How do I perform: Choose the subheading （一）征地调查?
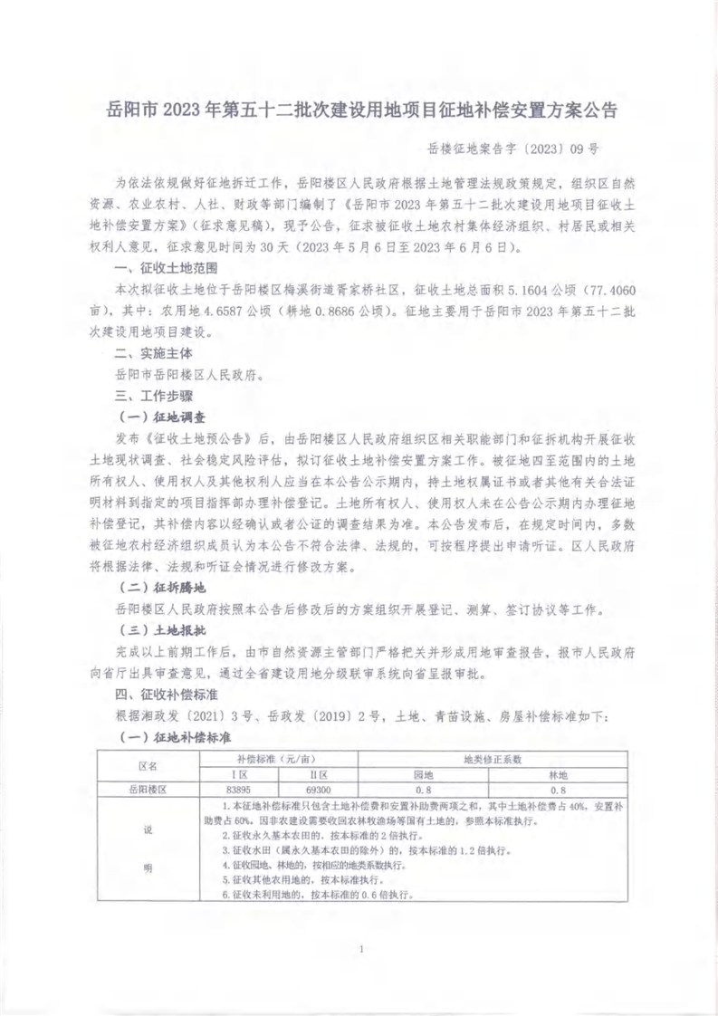[162, 417]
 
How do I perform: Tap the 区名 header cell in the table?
[146, 767]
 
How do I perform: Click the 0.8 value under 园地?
[423, 790]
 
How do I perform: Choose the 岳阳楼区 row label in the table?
[146, 790]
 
